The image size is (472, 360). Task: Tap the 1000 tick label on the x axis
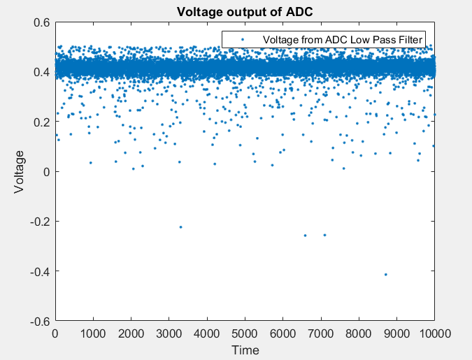click(93, 334)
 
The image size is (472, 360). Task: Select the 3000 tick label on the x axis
click(169, 334)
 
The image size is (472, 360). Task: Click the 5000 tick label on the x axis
click(245, 334)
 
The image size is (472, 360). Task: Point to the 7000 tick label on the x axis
click(321, 334)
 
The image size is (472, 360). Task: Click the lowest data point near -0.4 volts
click(385, 274)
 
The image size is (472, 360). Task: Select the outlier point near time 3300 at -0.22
click(180, 226)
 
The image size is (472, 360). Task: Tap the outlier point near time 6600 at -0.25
click(305, 235)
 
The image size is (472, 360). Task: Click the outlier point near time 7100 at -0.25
click(324, 235)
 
